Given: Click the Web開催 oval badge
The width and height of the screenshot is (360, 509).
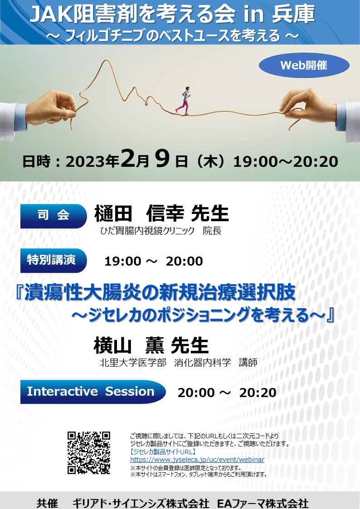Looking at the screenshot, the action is coord(304,65).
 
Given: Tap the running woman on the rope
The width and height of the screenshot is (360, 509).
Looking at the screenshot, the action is coord(184,101).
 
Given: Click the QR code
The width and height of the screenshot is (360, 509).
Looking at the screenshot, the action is coord(89,452).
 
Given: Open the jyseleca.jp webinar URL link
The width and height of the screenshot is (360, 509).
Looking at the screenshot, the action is coord(197,460).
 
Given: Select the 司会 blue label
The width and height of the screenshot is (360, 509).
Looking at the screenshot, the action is coord(54,216).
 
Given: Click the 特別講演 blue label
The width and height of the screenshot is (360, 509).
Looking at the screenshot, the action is coord(54,261).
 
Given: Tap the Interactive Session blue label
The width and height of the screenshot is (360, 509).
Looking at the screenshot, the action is coord(93,392).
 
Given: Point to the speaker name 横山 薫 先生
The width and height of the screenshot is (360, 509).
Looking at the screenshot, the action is coord(151,345).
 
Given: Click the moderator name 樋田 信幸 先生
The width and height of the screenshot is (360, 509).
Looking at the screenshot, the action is coord(161,214).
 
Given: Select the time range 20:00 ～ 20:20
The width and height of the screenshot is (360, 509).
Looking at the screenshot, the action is coord(227,393).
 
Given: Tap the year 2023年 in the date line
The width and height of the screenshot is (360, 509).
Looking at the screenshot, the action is coord(92,162).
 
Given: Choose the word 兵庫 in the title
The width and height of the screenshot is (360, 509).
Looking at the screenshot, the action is coord(293,15).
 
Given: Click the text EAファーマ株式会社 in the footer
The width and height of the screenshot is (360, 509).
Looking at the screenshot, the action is coord(262,504).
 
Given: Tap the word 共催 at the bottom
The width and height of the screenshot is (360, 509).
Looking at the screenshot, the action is coord(48,504).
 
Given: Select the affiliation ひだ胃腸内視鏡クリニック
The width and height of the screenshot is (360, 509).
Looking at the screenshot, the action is coord(147,231).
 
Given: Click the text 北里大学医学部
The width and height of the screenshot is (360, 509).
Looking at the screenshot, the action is coord(133,362).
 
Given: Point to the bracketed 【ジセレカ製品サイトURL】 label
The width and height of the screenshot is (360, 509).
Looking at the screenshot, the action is coord(163,451).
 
